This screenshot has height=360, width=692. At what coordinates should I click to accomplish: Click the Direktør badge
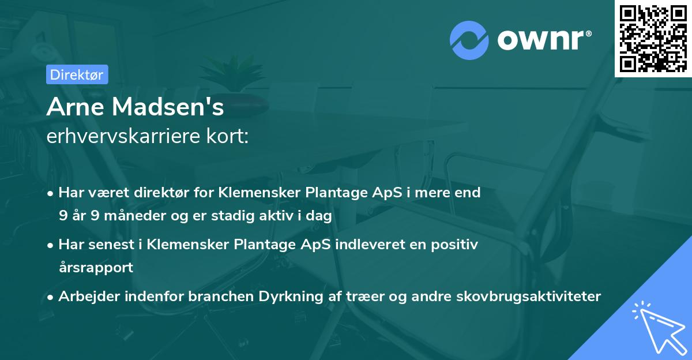coord(77,74)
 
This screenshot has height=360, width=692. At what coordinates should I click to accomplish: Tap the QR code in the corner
coord(653,38)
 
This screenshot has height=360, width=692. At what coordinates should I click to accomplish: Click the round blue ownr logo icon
coord(469,39)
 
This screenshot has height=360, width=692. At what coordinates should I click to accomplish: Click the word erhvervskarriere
coord(123,137)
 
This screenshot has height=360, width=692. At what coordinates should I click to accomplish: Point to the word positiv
coord(455,245)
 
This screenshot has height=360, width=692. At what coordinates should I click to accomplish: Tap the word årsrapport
coord(96,268)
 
